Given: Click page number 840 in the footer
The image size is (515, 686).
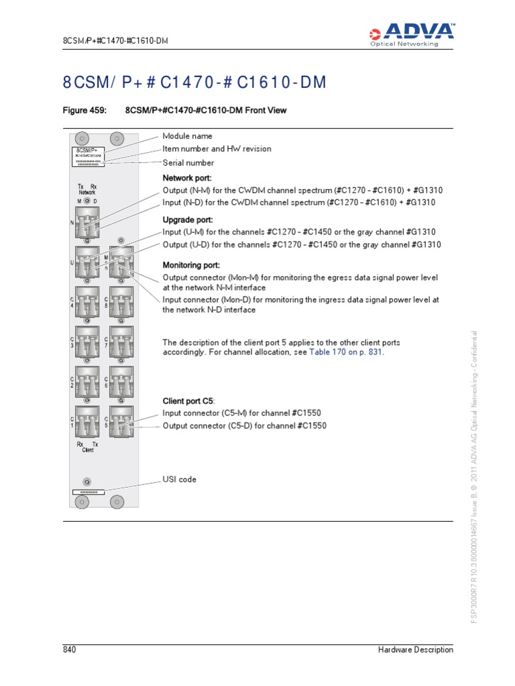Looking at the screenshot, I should pyautogui.click(x=70, y=649).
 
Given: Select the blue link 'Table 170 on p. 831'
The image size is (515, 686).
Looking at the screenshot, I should pyautogui.click(x=346, y=352).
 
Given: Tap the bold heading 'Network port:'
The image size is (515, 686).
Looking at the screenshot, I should pyautogui.click(x=187, y=178).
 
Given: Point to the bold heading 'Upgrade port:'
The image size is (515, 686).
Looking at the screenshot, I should pyautogui.click(x=188, y=219).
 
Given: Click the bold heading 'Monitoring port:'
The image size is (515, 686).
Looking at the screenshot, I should pyautogui.click(x=191, y=265).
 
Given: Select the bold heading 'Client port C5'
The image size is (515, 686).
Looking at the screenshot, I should pyautogui.click(x=189, y=401).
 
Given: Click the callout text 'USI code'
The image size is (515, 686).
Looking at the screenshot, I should pyautogui.click(x=179, y=480).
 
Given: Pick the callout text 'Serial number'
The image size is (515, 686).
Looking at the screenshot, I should pyautogui.click(x=188, y=163).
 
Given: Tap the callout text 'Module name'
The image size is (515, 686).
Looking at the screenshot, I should pyautogui.click(x=187, y=136).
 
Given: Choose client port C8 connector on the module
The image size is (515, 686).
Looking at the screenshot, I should pyautogui.click(x=121, y=302).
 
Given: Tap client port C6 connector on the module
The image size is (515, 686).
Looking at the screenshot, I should pyautogui.click(x=121, y=382).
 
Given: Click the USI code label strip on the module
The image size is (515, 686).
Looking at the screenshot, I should pyautogui.click(x=89, y=492).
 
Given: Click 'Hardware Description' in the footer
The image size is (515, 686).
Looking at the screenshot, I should pyautogui.click(x=415, y=649).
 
